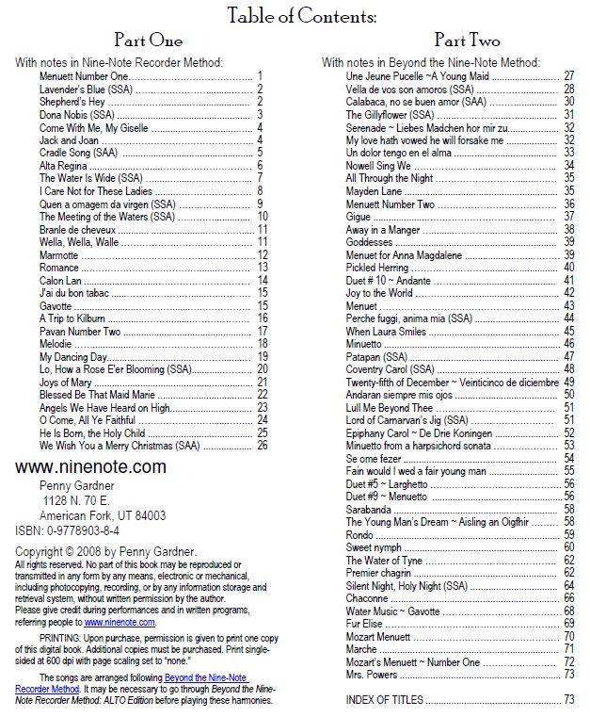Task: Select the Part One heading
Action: pyautogui.click(x=148, y=41)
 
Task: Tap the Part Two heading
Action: pyautogui.click(x=466, y=41)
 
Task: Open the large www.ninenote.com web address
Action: pyautogui.click(x=90, y=466)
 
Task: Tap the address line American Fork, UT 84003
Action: pyautogui.click(x=102, y=515)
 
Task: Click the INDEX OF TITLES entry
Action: pyautogui.click(x=385, y=699)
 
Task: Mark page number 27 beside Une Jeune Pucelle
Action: pyautogui.click(x=568, y=75)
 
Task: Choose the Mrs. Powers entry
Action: pyautogui.click(x=370, y=674)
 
